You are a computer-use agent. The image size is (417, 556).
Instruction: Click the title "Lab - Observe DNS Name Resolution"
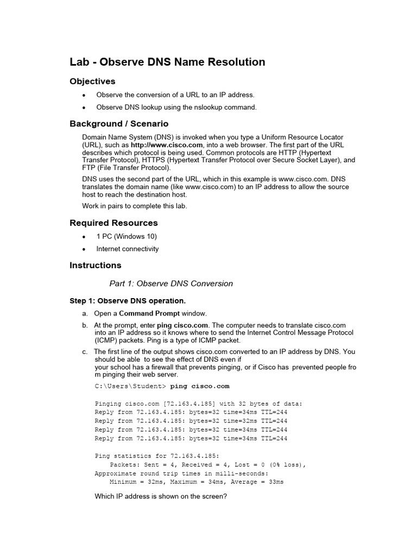(x=167, y=62)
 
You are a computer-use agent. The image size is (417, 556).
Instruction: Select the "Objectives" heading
(x=92, y=81)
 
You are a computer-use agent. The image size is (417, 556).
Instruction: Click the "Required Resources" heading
(x=113, y=223)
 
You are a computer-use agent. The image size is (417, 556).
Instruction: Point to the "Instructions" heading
(x=96, y=265)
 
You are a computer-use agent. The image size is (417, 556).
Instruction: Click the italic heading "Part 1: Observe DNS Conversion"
(x=171, y=283)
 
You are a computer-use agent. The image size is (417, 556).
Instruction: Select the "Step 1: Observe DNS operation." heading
(x=128, y=301)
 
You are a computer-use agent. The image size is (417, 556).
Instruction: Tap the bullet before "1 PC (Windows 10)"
(x=84, y=237)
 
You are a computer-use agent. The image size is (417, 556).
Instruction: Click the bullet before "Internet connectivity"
(x=84, y=249)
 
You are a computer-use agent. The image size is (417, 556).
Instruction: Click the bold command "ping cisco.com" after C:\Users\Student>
(x=200, y=387)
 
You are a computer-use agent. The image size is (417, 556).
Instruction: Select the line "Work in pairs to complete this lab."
(x=134, y=206)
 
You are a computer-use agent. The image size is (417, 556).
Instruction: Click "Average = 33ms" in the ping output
(x=257, y=482)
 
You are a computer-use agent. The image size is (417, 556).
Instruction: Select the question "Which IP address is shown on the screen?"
(x=161, y=496)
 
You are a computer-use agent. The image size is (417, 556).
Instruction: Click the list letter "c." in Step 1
(x=85, y=352)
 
